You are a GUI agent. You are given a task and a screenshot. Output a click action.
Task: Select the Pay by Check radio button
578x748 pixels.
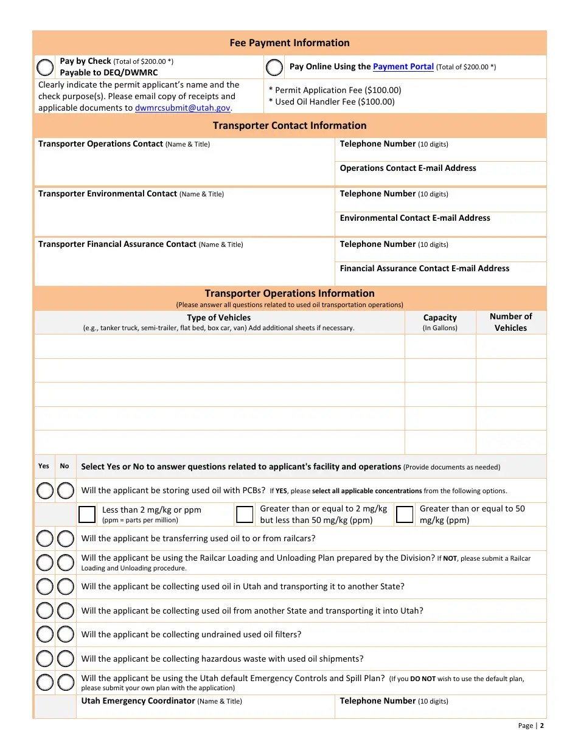click(x=45, y=67)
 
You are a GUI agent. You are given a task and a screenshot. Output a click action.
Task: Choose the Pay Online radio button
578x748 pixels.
click(x=274, y=67)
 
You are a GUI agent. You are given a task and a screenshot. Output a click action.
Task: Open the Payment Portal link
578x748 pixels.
click(x=403, y=67)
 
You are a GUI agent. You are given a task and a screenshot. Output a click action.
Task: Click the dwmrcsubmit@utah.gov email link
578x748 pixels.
click(x=183, y=108)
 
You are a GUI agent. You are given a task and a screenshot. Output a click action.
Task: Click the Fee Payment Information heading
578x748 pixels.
click(x=290, y=43)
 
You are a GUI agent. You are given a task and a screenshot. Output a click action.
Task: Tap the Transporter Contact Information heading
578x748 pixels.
click(x=290, y=125)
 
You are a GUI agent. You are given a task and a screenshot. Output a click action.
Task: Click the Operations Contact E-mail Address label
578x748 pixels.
click(x=408, y=168)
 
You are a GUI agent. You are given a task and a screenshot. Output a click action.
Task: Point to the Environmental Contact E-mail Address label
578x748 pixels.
click(x=414, y=218)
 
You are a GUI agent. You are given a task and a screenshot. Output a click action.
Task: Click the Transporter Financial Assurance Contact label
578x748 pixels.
click(x=117, y=244)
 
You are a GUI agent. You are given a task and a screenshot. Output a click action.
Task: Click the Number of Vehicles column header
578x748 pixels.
click(x=510, y=322)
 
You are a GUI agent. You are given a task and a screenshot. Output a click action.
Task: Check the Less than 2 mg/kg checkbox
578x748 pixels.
click(x=87, y=514)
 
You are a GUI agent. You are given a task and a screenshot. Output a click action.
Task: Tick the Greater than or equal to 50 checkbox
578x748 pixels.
click(x=405, y=514)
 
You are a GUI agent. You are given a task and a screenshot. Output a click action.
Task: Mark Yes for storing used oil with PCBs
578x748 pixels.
click(x=45, y=490)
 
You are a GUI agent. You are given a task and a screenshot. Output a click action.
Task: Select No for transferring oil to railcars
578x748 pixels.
click(x=65, y=538)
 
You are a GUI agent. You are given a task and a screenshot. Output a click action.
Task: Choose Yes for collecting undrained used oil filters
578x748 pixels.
click(x=45, y=634)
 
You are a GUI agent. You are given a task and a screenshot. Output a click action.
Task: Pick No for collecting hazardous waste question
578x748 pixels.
click(x=65, y=659)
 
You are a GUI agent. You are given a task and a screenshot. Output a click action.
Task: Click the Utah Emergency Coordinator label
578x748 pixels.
click(x=138, y=701)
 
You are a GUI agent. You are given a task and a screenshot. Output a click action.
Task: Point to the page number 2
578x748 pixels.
click(x=541, y=725)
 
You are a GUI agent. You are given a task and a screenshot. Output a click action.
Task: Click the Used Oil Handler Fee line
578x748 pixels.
click(x=332, y=102)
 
